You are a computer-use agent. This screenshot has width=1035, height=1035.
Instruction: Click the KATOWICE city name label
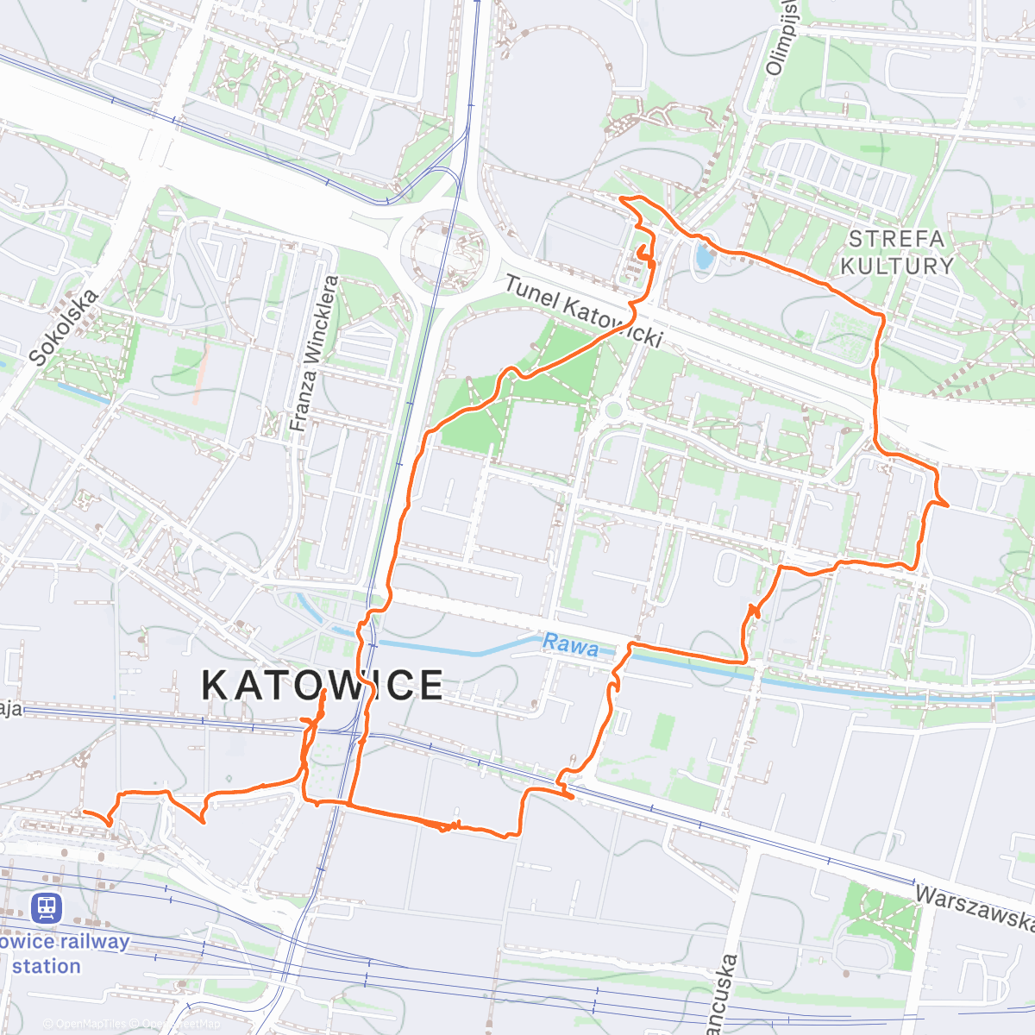click(x=323, y=686)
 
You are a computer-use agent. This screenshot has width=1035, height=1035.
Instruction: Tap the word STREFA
click(x=897, y=239)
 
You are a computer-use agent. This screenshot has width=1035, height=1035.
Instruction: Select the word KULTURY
click(x=897, y=266)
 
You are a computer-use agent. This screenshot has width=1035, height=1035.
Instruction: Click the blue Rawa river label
click(x=570, y=645)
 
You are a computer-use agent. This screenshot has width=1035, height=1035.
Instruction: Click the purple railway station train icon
click(x=46, y=907)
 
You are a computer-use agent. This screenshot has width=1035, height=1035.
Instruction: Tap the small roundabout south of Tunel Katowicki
click(x=613, y=410)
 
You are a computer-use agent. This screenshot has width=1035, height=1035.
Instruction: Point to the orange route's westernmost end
click(x=83, y=812)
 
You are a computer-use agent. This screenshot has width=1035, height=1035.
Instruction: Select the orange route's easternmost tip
click(x=948, y=505)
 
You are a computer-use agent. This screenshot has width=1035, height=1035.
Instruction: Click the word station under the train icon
click(x=47, y=966)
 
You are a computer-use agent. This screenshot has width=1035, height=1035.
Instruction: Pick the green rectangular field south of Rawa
click(x=662, y=731)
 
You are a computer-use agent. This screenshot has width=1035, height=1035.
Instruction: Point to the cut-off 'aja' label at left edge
click(x=10, y=709)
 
